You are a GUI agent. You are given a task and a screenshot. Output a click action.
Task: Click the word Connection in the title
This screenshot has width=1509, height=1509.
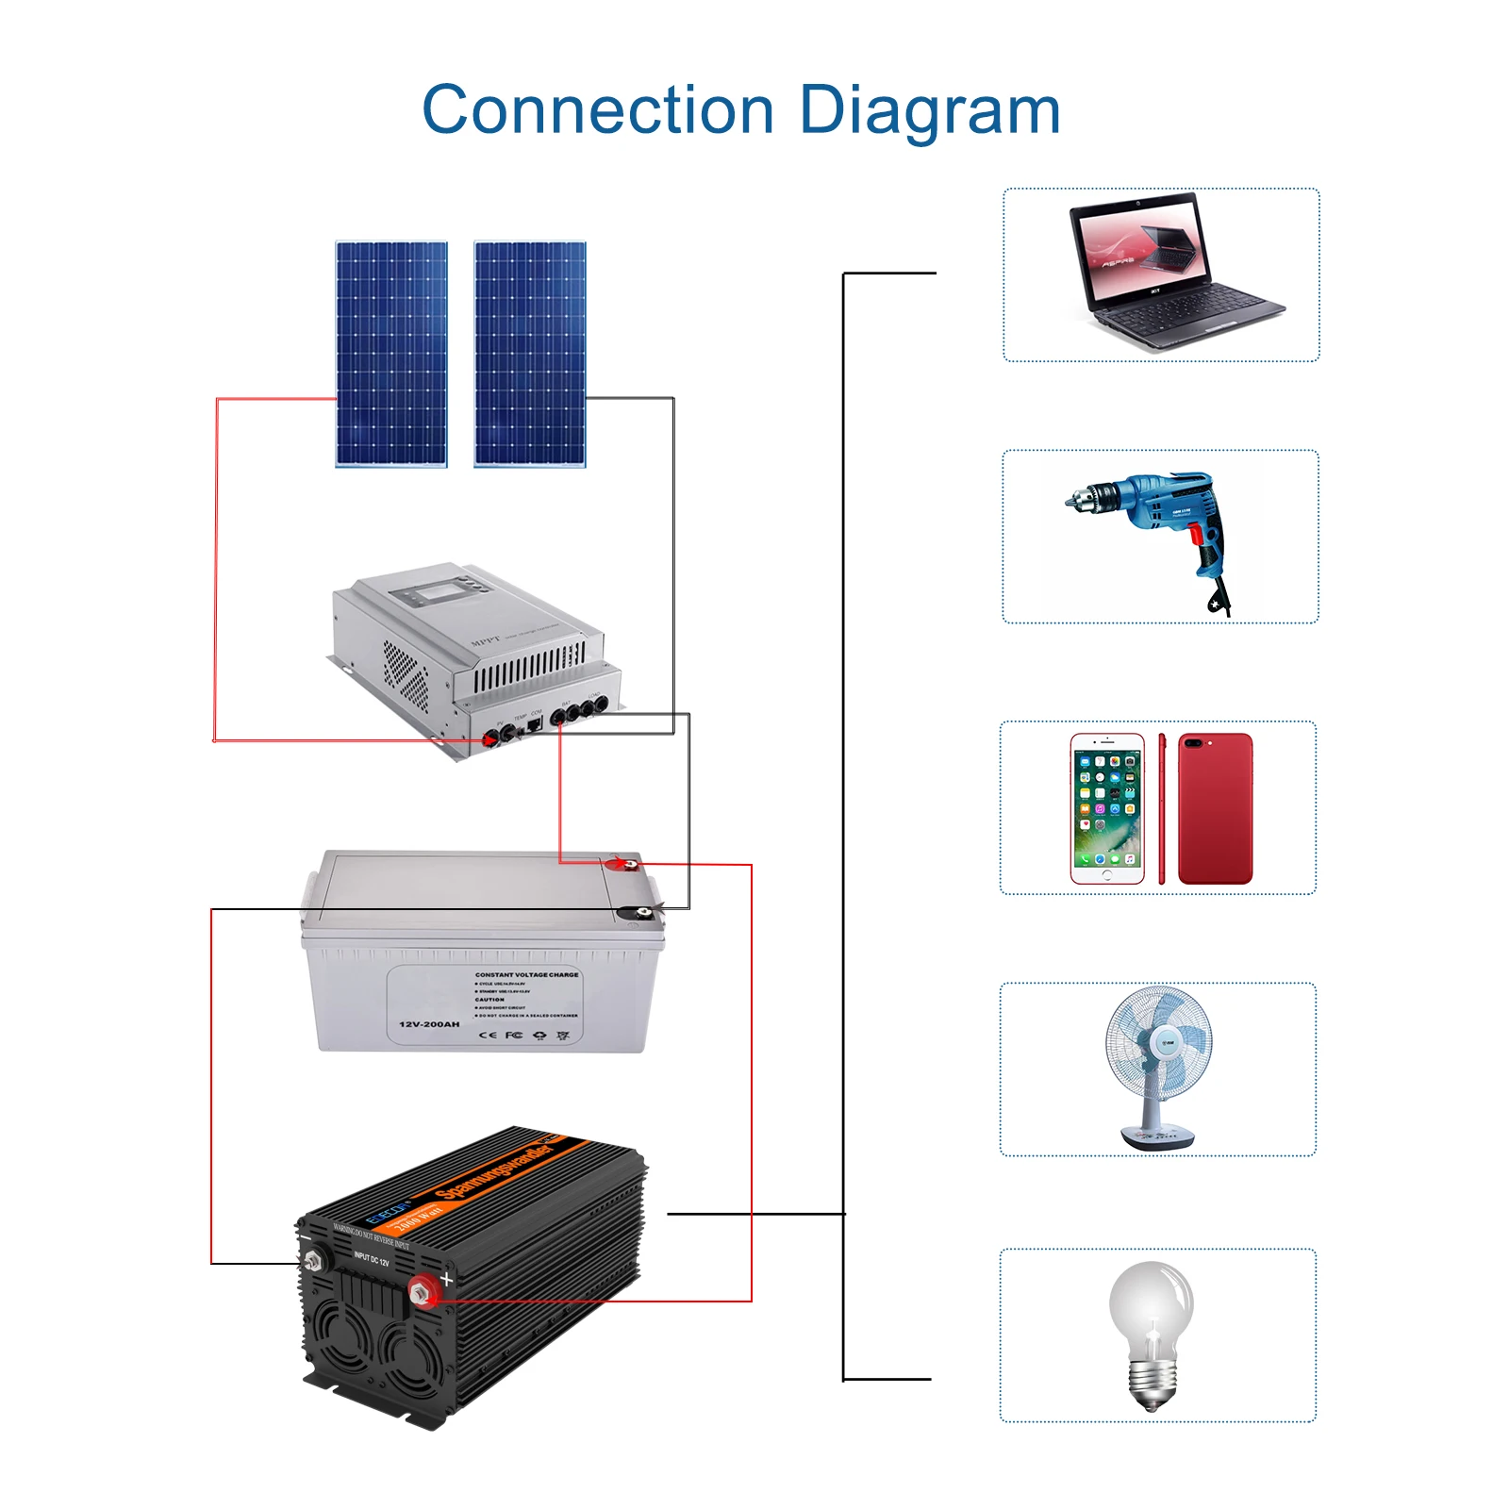pyautogui.click(x=597, y=110)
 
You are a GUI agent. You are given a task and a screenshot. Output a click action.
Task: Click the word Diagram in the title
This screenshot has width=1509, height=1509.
pyautogui.click(x=929, y=110)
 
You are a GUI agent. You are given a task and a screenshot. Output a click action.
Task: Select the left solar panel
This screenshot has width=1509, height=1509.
pyautogui.click(x=391, y=354)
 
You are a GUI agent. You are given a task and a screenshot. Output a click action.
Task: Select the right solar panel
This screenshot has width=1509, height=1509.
pyautogui.click(x=530, y=354)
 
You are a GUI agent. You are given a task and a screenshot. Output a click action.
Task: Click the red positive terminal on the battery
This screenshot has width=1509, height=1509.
pyautogui.click(x=621, y=863)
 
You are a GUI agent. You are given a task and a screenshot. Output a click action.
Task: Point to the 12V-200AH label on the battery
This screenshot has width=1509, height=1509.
pyautogui.click(x=429, y=1024)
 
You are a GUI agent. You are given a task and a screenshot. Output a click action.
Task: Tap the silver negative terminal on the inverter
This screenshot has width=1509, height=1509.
pyautogui.click(x=313, y=1259)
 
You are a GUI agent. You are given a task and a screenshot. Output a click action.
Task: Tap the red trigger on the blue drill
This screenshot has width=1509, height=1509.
pyautogui.click(x=1196, y=535)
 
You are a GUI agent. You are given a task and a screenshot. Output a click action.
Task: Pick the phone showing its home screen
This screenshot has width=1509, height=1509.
pyautogui.click(x=1107, y=808)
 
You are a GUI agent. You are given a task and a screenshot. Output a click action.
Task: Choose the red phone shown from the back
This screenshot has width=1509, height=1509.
pyautogui.click(x=1216, y=808)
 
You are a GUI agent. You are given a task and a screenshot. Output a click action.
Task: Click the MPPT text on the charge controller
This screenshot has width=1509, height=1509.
pyautogui.click(x=485, y=641)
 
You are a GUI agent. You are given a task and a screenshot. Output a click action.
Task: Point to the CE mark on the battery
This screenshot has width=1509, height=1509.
pyautogui.click(x=488, y=1035)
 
